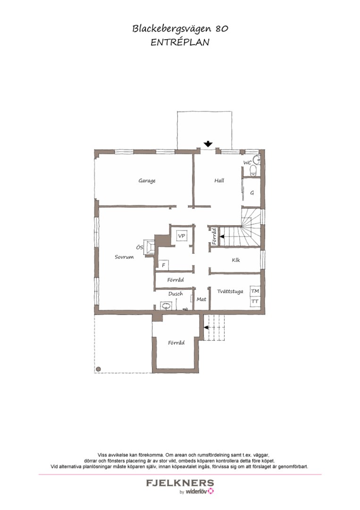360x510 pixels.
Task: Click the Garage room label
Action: (147, 180)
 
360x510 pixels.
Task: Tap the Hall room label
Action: (219, 180)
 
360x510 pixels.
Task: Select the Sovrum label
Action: (124, 257)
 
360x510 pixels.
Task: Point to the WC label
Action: (247, 162)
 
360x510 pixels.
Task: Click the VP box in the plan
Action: (182, 235)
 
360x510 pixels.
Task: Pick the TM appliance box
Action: (255, 291)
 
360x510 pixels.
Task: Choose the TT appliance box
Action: (255, 301)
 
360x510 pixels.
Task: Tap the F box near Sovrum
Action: (163, 265)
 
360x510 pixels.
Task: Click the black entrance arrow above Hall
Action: (208, 144)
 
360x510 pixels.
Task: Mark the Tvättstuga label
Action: (230, 291)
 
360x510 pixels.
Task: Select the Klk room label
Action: (236, 260)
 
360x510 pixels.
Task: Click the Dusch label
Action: (176, 294)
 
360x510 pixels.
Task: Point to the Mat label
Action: (201, 299)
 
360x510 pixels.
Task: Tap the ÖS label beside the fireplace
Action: (140, 247)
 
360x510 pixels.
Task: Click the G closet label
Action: (252, 193)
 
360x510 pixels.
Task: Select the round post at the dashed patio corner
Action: (98, 369)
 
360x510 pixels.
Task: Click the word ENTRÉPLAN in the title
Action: (180, 42)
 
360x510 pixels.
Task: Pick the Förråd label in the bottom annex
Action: (176, 343)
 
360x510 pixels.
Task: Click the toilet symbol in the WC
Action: (254, 170)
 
